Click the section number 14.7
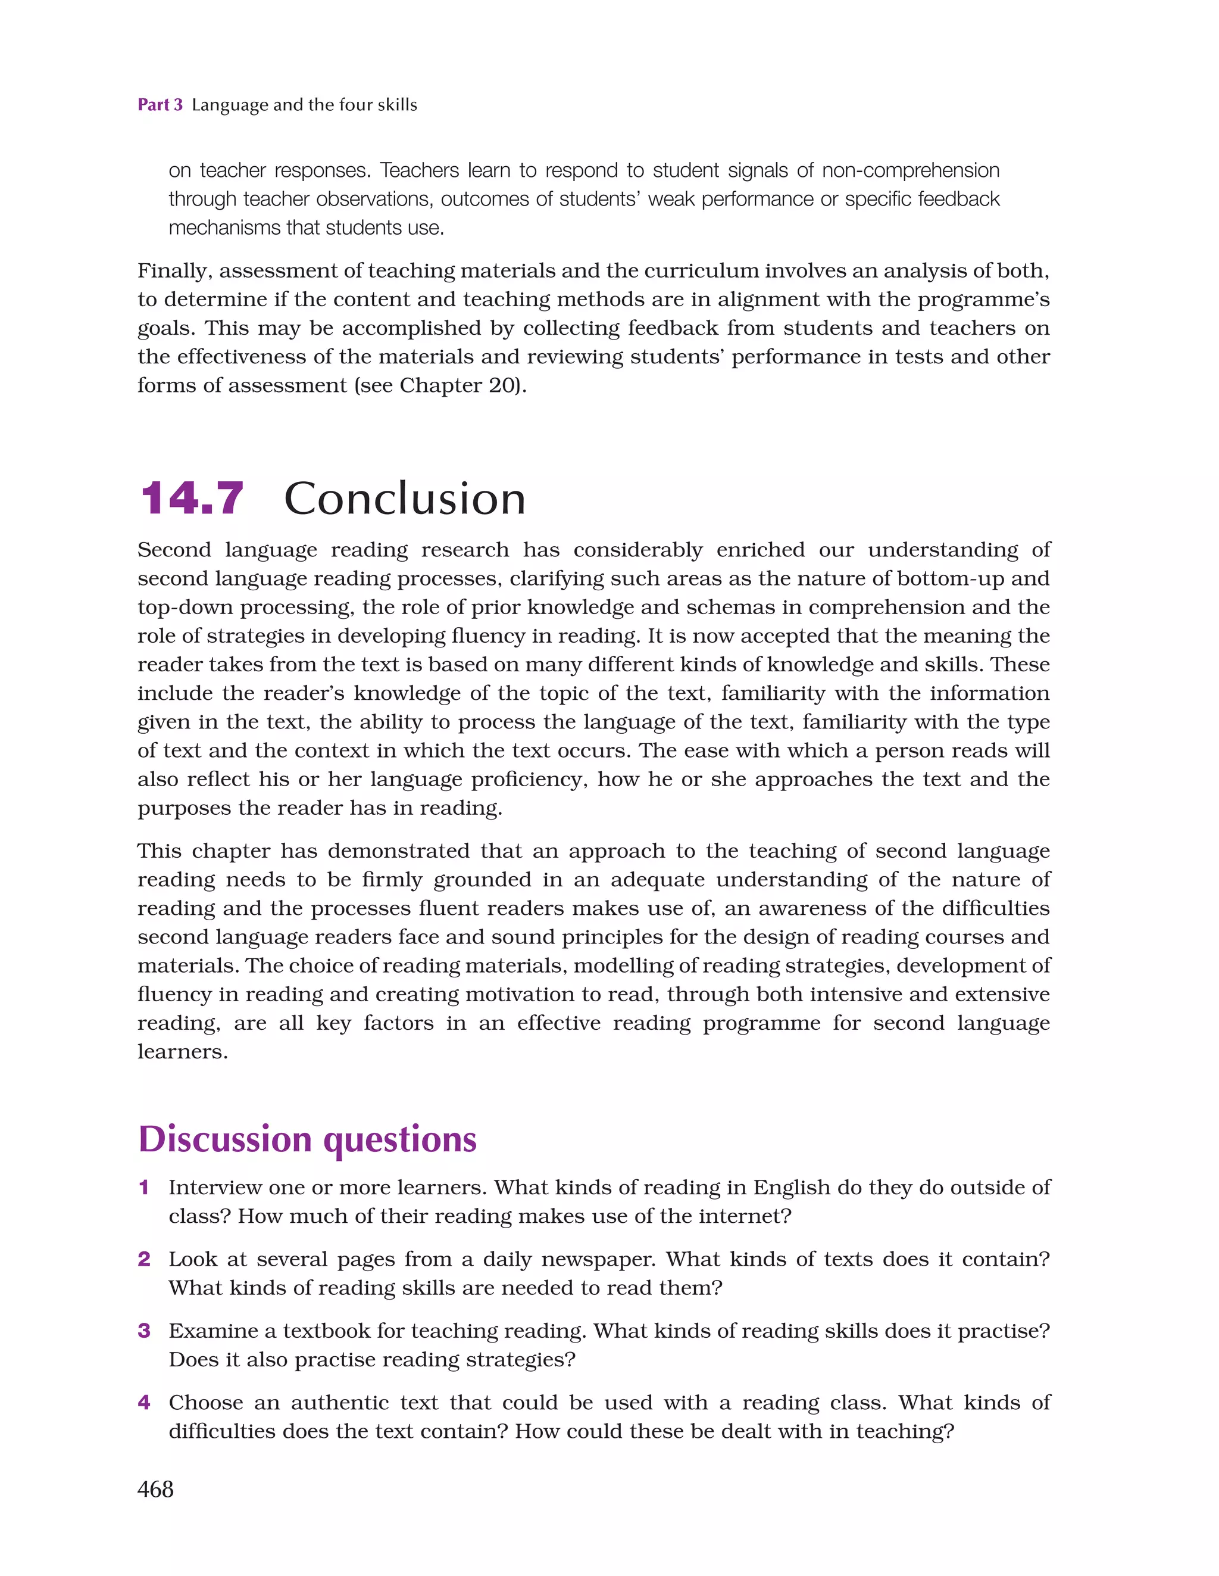click(x=192, y=499)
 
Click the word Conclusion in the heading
click(x=405, y=499)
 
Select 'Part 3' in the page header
click(x=160, y=105)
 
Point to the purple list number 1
click(x=143, y=1187)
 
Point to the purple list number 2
click(x=143, y=1259)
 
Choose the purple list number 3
click(x=143, y=1330)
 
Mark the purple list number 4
click(x=143, y=1402)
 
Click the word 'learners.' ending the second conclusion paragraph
click(x=183, y=1052)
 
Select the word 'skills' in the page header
click(x=398, y=105)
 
